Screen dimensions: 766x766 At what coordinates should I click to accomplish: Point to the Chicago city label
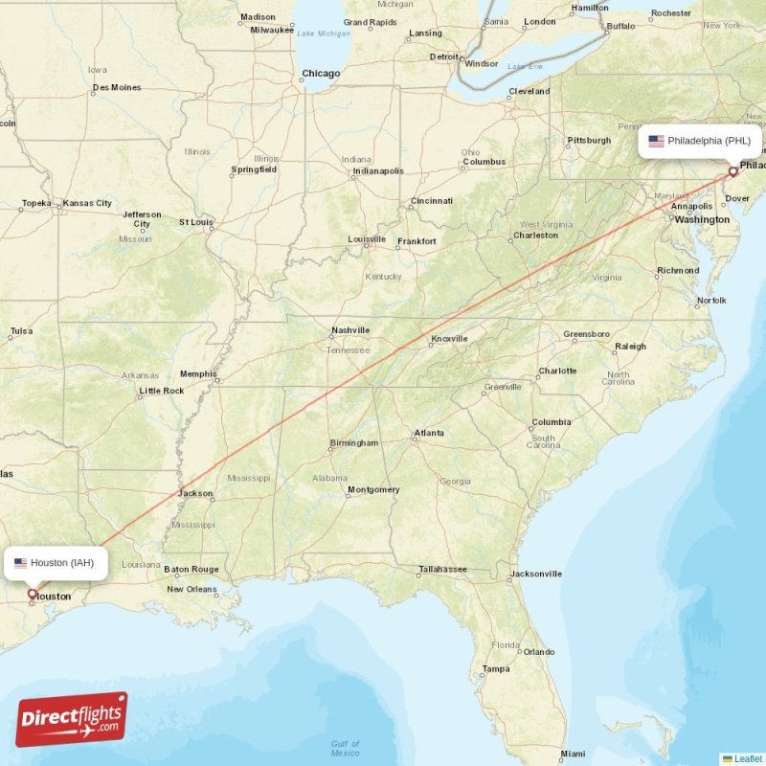[x=321, y=74]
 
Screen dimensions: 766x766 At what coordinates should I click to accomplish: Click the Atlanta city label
[x=428, y=433]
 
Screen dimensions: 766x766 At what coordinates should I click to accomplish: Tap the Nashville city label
[x=350, y=330]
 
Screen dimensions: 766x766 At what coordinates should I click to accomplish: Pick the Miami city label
[x=574, y=755]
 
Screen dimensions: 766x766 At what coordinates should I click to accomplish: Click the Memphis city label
[x=198, y=374]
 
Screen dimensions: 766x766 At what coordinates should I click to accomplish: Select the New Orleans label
[x=191, y=589]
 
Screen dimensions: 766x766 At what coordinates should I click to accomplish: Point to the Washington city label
[x=702, y=219]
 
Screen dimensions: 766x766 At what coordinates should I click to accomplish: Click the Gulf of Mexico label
[x=345, y=749]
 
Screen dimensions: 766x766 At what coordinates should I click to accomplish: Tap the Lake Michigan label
[x=324, y=34]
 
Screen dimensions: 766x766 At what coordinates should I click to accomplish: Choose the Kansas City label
[x=87, y=203]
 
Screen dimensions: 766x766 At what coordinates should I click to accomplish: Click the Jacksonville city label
[x=536, y=574]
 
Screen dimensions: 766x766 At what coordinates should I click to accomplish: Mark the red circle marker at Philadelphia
[x=733, y=172]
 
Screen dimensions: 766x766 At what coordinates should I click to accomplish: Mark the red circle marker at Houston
[x=32, y=594]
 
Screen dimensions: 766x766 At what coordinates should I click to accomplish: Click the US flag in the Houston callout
[x=20, y=563]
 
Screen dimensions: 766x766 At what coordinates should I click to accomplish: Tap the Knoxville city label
[x=449, y=339]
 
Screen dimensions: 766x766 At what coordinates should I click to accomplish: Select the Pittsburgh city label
[x=589, y=141]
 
